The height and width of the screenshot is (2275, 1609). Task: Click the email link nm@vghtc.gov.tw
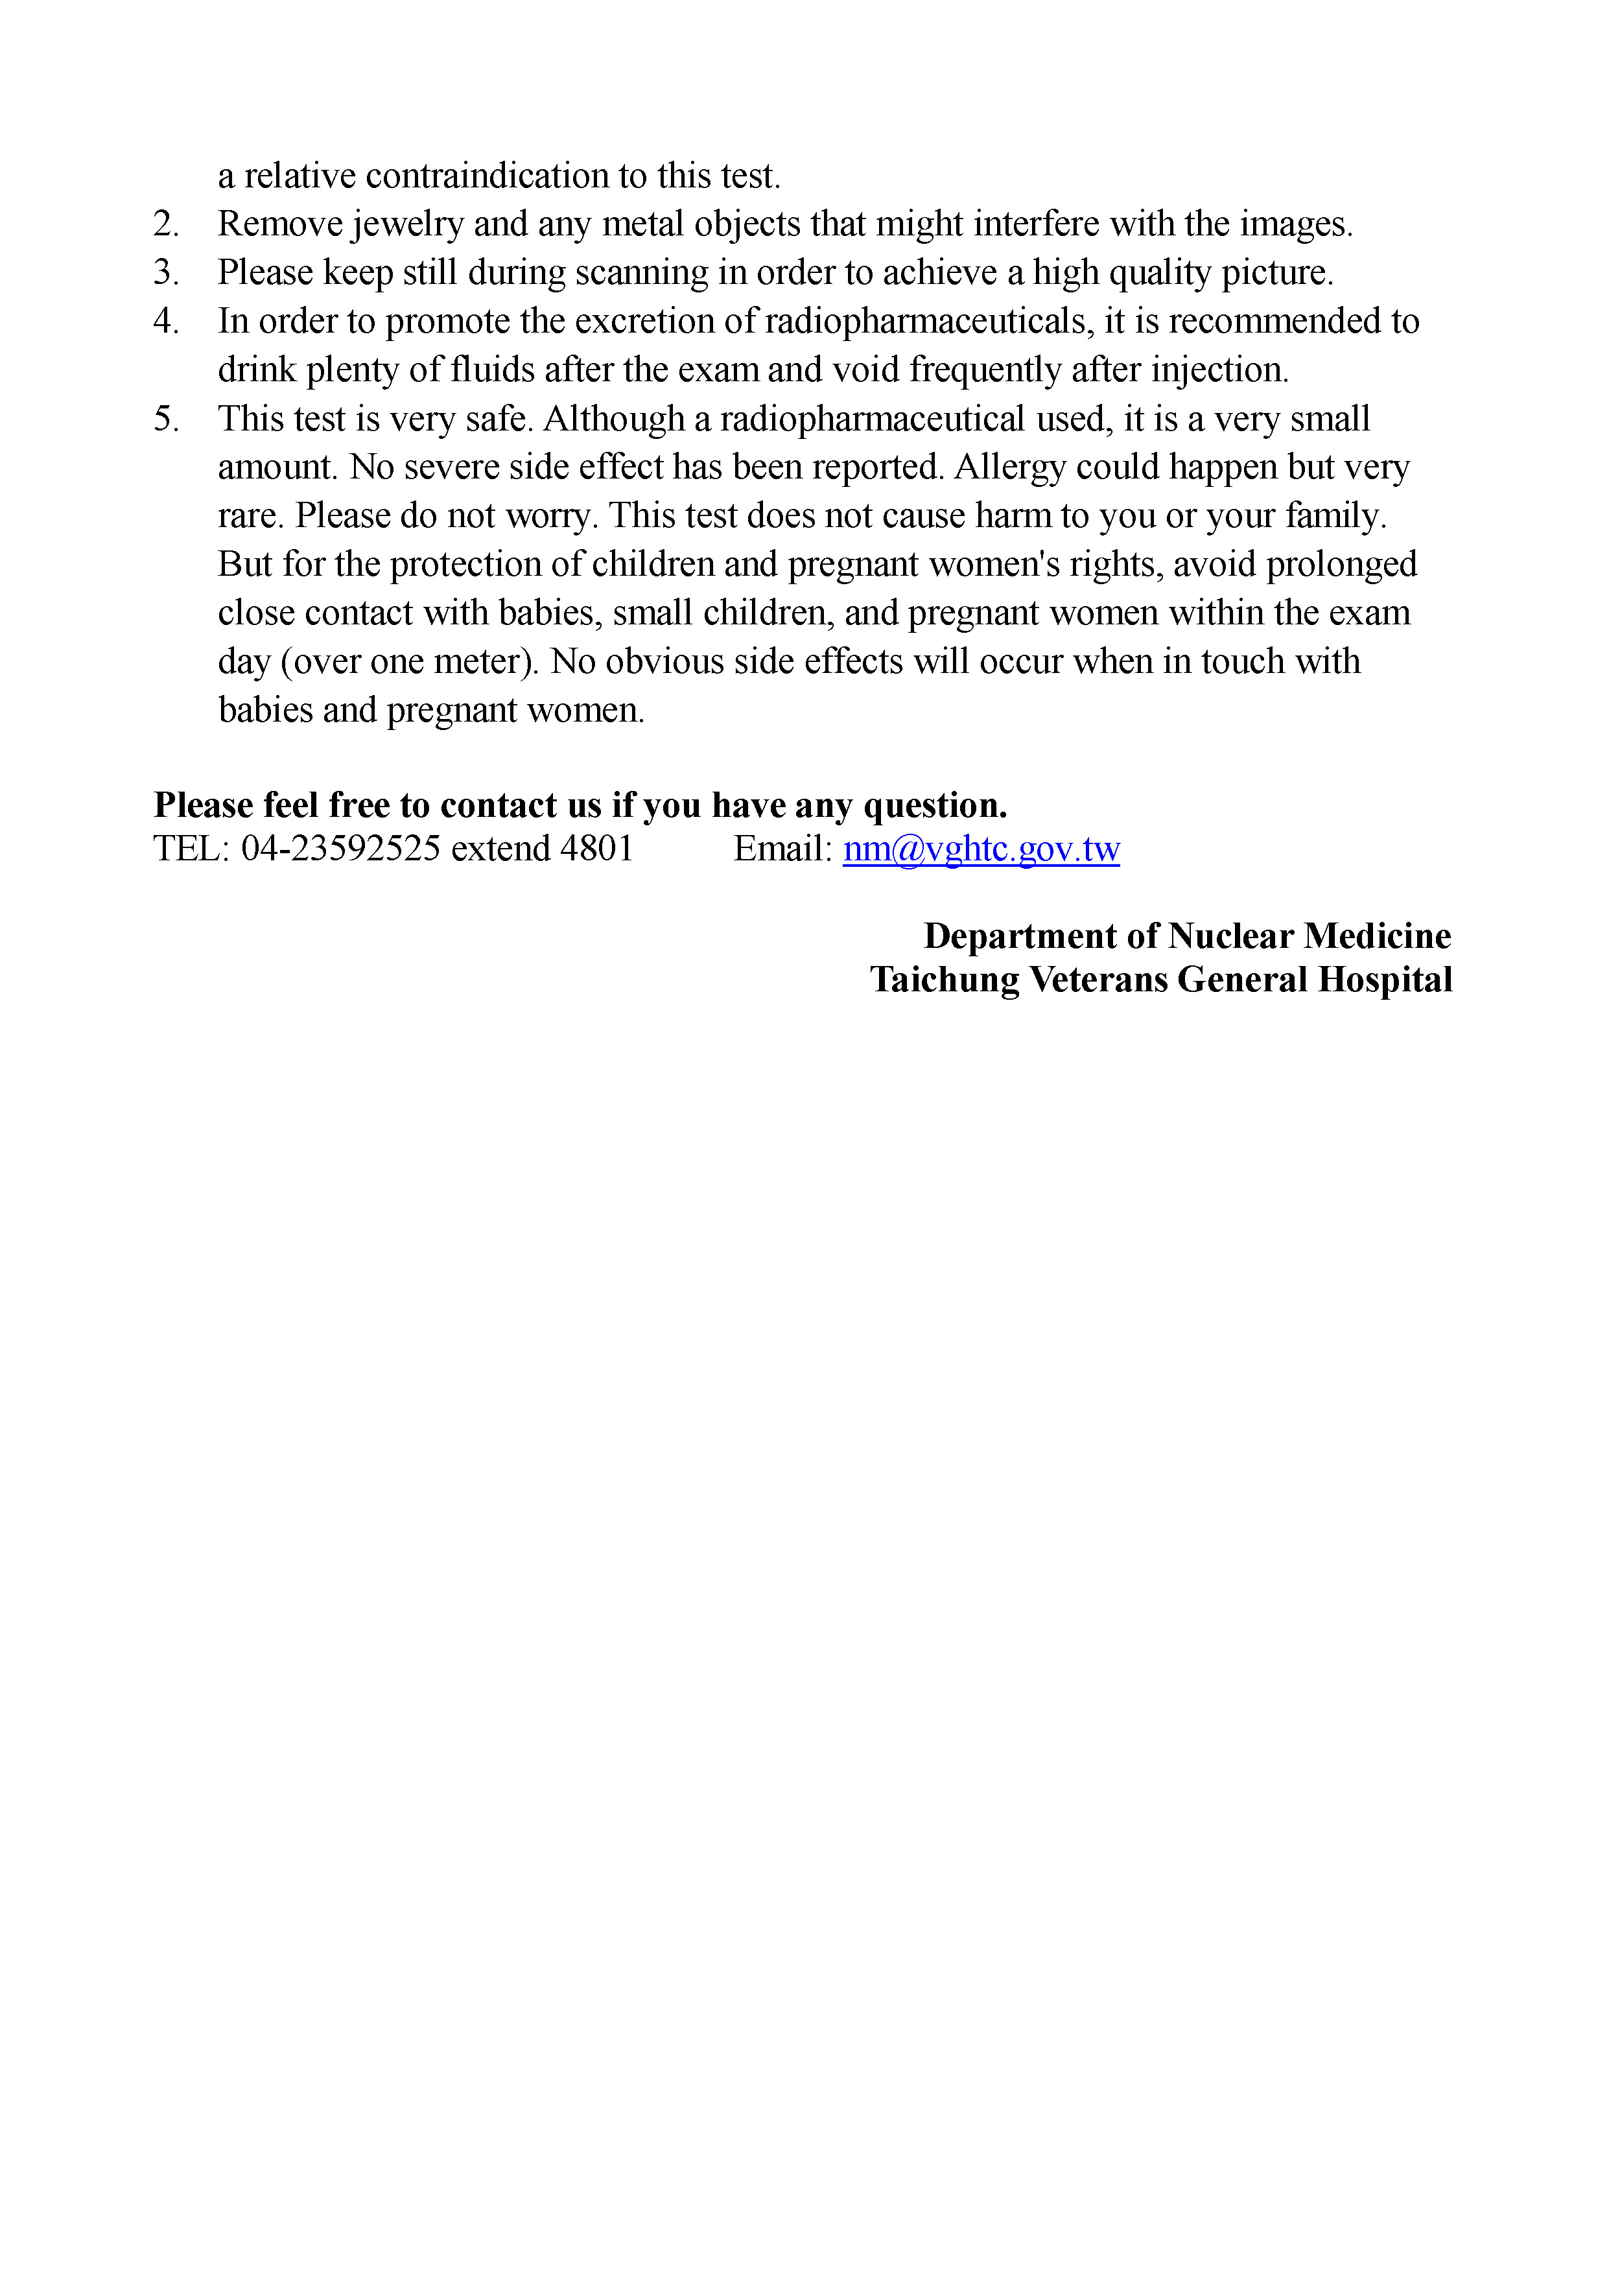pyautogui.click(x=981, y=849)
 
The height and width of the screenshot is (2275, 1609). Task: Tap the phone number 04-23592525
pyautogui.click(x=341, y=849)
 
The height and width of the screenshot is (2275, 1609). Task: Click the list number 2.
pyautogui.click(x=165, y=224)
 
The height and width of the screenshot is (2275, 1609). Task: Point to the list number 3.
pyautogui.click(x=165, y=272)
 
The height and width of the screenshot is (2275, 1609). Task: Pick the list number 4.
pyautogui.click(x=165, y=321)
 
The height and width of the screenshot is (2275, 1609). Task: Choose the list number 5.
pyautogui.click(x=165, y=419)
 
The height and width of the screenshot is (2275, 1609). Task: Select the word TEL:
pyautogui.click(x=191, y=849)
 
